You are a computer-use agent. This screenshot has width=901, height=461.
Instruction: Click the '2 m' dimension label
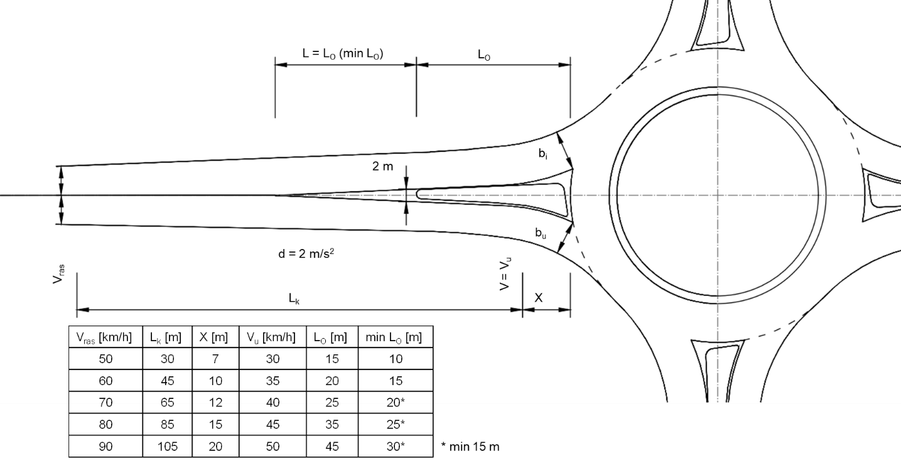[x=382, y=166]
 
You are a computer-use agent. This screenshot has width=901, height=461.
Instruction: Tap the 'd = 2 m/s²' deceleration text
[x=306, y=253]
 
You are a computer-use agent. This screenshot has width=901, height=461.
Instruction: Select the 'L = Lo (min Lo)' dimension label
[x=343, y=53]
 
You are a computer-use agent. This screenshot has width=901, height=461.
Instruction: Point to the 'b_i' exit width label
[x=543, y=154]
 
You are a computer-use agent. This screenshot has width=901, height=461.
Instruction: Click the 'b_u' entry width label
[x=541, y=233]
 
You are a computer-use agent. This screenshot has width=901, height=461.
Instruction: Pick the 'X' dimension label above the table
[x=538, y=298]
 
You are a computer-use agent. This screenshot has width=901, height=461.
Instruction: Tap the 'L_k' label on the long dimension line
[x=294, y=299]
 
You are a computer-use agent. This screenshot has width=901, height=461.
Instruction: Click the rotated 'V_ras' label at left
[x=59, y=274]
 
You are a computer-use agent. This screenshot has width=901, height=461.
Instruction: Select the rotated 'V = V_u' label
[x=505, y=273]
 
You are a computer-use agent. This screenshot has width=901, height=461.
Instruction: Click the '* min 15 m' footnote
[x=470, y=447]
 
